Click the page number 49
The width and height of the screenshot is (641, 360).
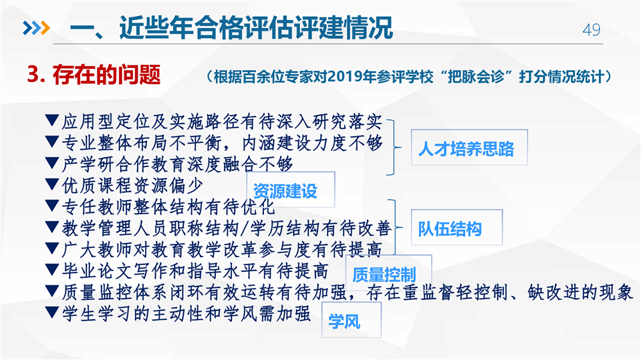[591, 30]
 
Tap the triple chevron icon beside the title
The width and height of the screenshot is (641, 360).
[36, 28]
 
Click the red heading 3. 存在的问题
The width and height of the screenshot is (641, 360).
[94, 75]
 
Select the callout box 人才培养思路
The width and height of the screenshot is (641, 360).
[469, 148]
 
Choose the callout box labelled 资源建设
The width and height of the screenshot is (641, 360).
[291, 190]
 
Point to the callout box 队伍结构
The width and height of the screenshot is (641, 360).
[457, 227]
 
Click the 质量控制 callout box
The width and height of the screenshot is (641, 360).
[388, 273]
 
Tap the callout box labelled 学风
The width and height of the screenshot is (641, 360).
[352, 320]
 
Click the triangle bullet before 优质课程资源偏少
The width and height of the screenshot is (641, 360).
[51, 184]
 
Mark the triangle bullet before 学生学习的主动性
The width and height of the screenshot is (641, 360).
[51, 313]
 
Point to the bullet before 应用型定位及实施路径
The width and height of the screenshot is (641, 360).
[51, 120]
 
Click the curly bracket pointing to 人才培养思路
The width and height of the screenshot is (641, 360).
[394, 148]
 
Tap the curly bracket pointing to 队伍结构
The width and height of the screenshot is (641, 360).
[395, 227]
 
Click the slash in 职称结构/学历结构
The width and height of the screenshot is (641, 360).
[245, 228]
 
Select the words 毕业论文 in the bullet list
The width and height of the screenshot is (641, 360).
[98, 271]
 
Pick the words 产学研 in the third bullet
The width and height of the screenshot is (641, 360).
[88, 164]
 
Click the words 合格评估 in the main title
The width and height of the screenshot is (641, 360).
[256, 28]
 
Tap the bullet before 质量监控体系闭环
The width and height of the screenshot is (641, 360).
[51, 291]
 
